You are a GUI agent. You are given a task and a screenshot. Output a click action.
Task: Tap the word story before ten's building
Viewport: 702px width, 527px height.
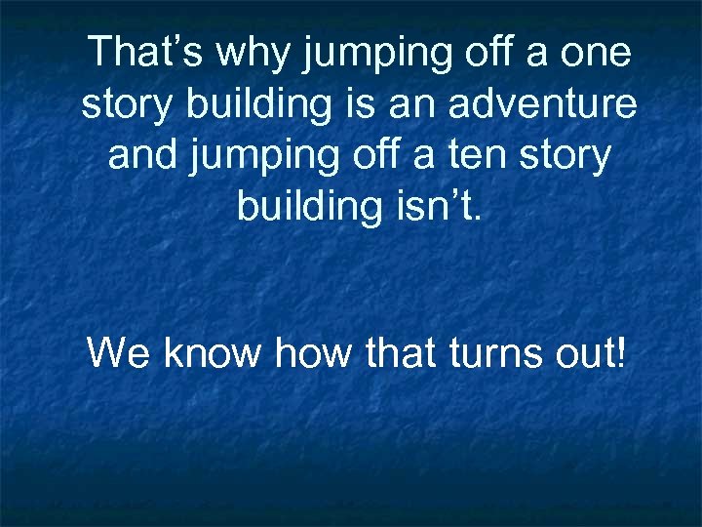pos(567,156)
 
